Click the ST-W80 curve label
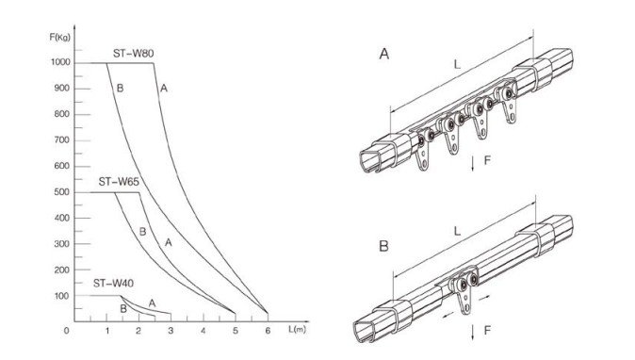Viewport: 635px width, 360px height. point(133,54)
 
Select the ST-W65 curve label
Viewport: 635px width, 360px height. point(119,182)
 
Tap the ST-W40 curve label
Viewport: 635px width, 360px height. point(113,283)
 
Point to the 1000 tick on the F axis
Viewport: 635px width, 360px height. point(60,62)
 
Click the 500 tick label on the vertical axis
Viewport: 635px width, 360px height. point(62,192)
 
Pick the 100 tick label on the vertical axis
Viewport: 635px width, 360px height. point(62,296)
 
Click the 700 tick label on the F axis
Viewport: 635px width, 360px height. point(62,140)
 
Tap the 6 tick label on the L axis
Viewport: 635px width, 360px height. point(268,331)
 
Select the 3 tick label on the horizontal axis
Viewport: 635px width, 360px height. point(171,331)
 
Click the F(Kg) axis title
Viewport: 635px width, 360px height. point(60,38)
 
